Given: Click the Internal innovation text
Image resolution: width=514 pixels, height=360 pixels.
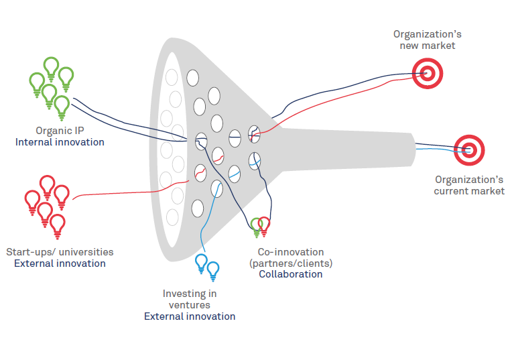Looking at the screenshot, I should (x=60, y=141).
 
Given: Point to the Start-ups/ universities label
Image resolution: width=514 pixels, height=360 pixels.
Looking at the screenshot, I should (x=60, y=252).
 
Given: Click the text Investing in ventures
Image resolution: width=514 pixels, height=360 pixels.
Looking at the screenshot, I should (x=190, y=299).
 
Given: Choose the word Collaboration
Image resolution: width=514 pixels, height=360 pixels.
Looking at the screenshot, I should (x=290, y=274).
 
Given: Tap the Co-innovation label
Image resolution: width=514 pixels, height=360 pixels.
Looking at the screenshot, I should (x=290, y=252).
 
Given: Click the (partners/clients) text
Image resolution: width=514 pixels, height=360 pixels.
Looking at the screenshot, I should (x=290, y=263).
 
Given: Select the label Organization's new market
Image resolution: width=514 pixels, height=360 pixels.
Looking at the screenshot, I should (x=427, y=40).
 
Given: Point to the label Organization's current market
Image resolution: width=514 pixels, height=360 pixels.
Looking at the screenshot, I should (x=469, y=185).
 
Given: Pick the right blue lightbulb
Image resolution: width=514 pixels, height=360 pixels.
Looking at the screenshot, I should (x=213, y=270).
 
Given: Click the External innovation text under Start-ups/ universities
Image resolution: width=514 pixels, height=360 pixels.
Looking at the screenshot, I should (x=60, y=263).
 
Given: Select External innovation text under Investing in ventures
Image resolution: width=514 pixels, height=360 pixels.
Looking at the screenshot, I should (x=190, y=316).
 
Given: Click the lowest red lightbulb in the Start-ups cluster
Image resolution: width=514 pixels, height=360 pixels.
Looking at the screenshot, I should (x=58, y=225).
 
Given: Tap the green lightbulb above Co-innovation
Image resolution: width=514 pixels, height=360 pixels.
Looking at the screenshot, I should (x=255, y=226).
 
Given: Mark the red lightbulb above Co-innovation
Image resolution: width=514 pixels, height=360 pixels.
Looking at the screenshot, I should (x=264, y=225).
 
